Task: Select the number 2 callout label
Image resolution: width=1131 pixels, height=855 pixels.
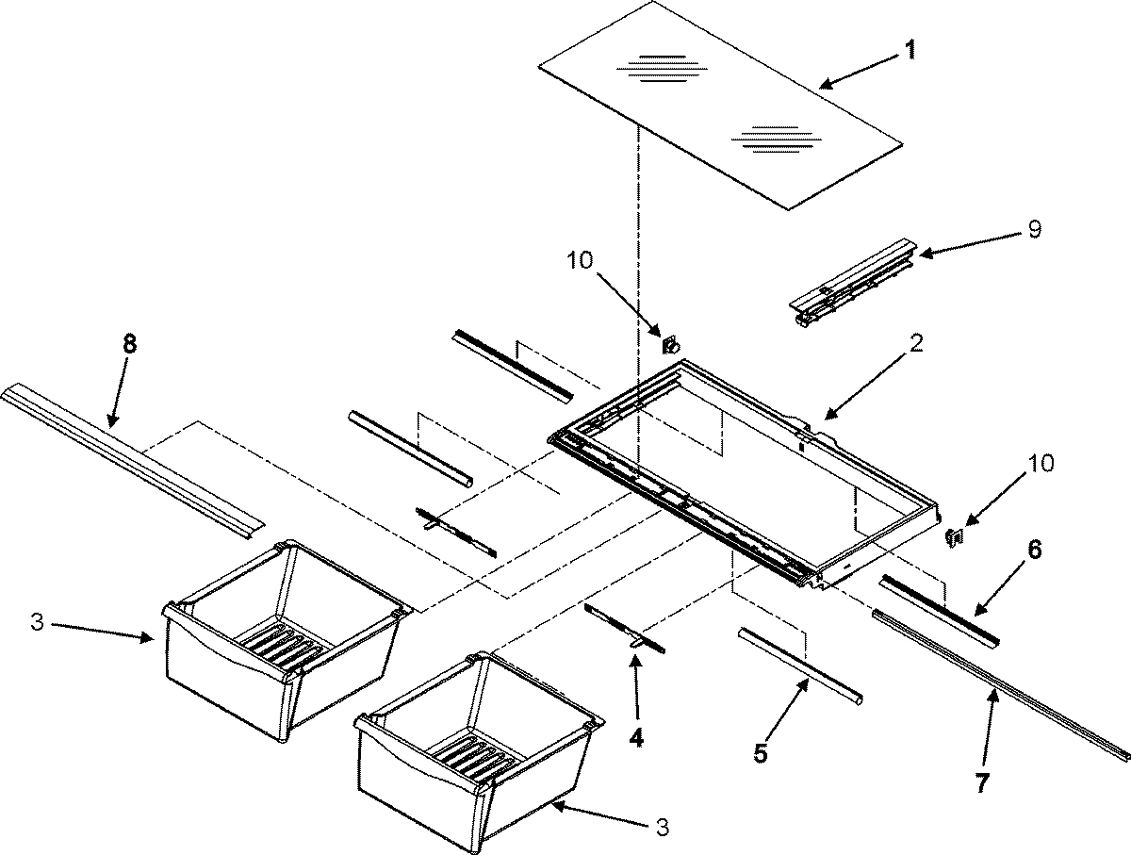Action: point(917,344)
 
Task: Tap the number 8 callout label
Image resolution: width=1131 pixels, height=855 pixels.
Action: point(129,344)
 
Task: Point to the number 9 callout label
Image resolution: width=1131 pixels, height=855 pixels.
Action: point(1034,230)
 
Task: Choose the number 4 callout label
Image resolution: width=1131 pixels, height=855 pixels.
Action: point(636,738)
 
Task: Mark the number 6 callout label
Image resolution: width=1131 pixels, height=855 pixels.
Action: point(1034,550)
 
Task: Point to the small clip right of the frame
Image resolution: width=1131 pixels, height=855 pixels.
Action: point(953,536)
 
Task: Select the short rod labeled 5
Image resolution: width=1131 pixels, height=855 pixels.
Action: point(800,666)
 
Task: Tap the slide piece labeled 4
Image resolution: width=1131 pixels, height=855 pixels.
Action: point(625,628)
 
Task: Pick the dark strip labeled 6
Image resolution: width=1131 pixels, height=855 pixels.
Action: point(937,611)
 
